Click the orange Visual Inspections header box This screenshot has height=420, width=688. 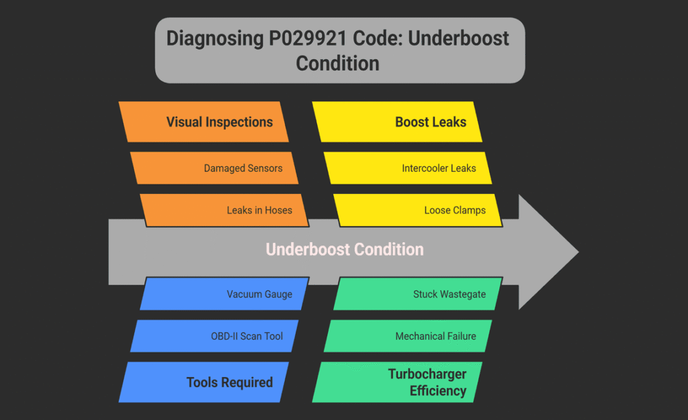pos(204,122)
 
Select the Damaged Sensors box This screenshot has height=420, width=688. pos(213,168)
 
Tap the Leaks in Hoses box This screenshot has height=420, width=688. pos(223,210)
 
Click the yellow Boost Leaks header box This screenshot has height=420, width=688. pos(398,122)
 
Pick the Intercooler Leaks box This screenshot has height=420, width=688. pos(407,168)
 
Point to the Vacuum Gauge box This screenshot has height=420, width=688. pos(224,294)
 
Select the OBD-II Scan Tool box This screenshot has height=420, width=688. pos(214,336)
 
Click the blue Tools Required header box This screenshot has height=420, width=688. pos(204,382)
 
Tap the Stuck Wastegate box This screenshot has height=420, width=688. pos(418,294)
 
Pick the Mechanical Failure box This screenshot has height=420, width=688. pos(408,336)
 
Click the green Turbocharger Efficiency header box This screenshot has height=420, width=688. pos(398,382)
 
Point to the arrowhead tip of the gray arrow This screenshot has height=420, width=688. pos(576,252)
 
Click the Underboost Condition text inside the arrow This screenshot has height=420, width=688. pos(345,250)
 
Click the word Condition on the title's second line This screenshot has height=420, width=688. pos(337,64)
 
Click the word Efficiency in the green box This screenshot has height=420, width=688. pos(437,390)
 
